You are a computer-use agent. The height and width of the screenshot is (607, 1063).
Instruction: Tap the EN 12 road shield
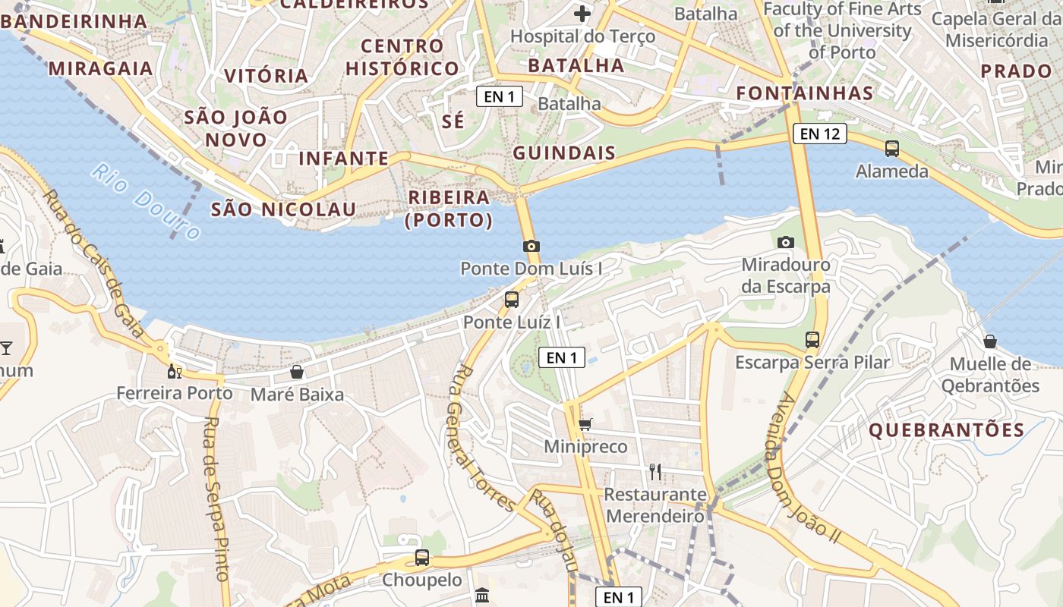pyautogui.click(x=819, y=134)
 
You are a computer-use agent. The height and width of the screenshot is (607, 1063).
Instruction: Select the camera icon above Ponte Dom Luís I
pyautogui.click(x=531, y=246)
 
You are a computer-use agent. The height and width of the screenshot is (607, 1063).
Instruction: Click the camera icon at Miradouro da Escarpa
pyautogui.click(x=786, y=242)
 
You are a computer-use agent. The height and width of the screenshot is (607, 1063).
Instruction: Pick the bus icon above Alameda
pyautogui.click(x=892, y=149)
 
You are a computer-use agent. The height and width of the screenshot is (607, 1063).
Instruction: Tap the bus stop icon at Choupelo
pyautogui.click(x=422, y=558)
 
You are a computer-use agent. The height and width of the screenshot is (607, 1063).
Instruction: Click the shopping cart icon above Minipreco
pyautogui.click(x=585, y=425)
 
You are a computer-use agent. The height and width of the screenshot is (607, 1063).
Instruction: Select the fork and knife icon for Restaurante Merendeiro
pyautogui.click(x=655, y=472)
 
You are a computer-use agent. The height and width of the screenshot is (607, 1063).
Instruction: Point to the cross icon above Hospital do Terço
pyautogui.click(x=582, y=14)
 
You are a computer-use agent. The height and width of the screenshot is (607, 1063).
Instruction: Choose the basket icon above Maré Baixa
pyautogui.click(x=297, y=372)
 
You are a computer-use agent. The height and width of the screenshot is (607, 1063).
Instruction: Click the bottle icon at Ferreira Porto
pyautogui.click(x=174, y=371)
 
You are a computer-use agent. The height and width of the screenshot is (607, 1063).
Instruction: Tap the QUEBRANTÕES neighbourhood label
pyautogui.click(x=946, y=430)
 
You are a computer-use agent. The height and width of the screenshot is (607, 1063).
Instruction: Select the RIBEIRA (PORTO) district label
pyautogui.click(x=449, y=209)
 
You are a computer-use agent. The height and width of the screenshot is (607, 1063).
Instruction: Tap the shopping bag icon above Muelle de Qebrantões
pyautogui.click(x=990, y=341)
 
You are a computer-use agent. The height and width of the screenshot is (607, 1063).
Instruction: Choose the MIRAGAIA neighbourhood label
pyautogui.click(x=101, y=68)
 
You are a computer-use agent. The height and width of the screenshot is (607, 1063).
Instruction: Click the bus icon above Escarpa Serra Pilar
pyautogui.click(x=812, y=339)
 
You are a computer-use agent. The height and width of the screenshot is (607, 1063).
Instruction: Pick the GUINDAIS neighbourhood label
pyautogui.click(x=564, y=153)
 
